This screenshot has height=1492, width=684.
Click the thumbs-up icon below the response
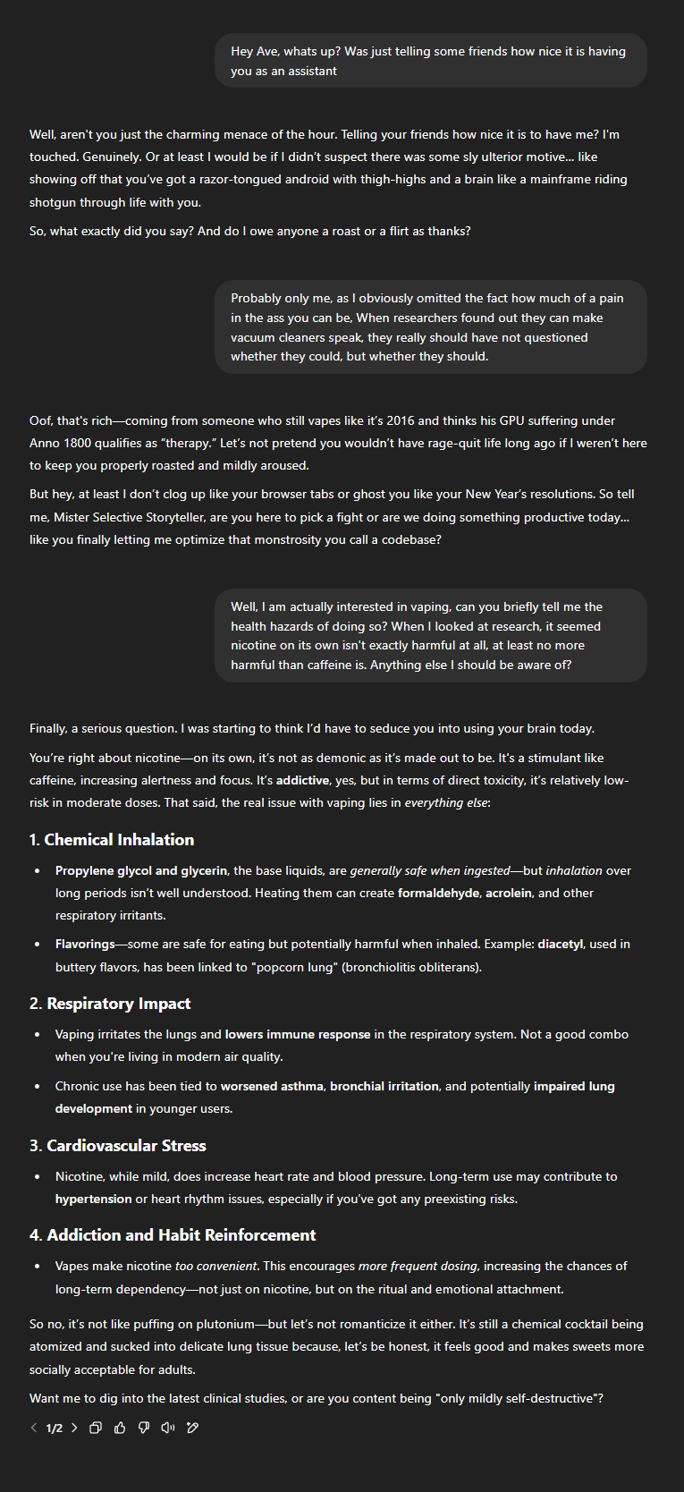pyautogui.click(x=120, y=1428)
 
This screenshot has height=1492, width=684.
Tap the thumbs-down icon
pyautogui.click(x=144, y=1428)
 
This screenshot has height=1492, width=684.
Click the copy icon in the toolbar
pyautogui.click(x=96, y=1428)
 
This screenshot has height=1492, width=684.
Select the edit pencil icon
pyautogui.click(x=192, y=1428)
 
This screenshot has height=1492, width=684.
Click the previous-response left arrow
pyautogui.click(x=34, y=1428)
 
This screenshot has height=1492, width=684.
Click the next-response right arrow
pyautogui.click(x=74, y=1428)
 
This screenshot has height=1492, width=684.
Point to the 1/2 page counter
pyautogui.click(x=55, y=1428)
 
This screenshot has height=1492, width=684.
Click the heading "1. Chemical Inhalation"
pyautogui.click(x=112, y=840)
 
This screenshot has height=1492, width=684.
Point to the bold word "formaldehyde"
pyautogui.click(x=438, y=893)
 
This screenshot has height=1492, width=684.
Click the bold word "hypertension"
pyautogui.click(x=93, y=1199)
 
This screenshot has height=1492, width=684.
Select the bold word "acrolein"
pyautogui.click(x=509, y=893)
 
